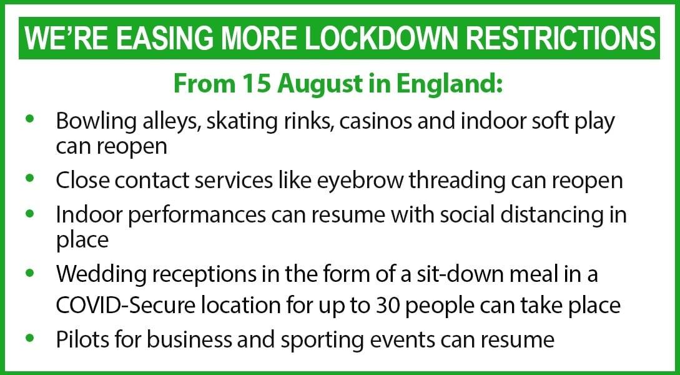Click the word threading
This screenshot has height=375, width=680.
[x=456, y=181]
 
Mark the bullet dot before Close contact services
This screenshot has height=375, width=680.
[x=30, y=177]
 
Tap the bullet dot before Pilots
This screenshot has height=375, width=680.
[x=30, y=337]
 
